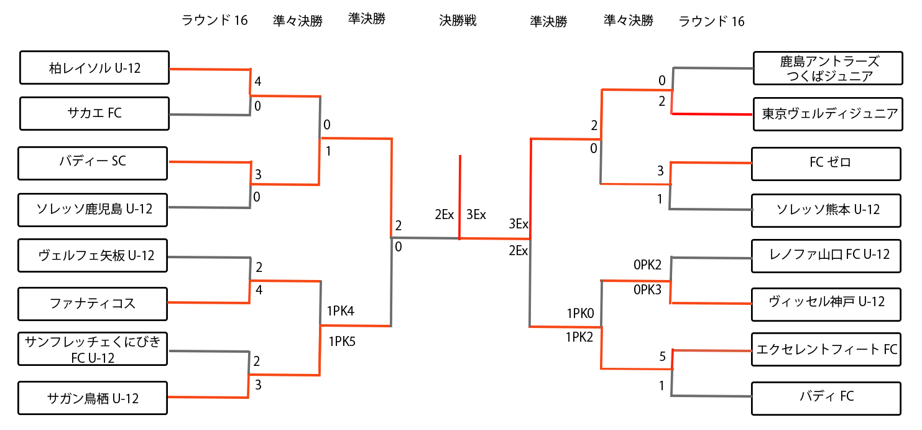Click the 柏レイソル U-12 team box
(x=95, y=68)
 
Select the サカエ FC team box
(x=95, y=113)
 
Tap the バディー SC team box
(x=93, y=162)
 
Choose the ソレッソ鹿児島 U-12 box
(x=93, y=208)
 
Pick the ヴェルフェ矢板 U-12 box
(x=93, y=255)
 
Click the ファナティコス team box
(x=93, y=304)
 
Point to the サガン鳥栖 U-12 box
(x=93, y=398)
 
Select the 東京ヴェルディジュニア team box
(x=827, y=114)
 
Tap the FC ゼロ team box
(x=826, y=163)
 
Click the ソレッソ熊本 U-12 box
(x=826, y=210)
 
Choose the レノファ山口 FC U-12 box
(x=826, y=255)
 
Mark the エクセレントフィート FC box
(x=826, y=350)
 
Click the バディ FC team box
(x=826, y=397)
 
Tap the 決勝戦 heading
(x=458, y=21)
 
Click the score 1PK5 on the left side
(x=341, y=341)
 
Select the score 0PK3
(x=647, y=289)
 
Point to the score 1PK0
(x=581, y=313)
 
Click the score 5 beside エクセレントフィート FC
(x=662, y=357)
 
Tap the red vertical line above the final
(x=460, y=187)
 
